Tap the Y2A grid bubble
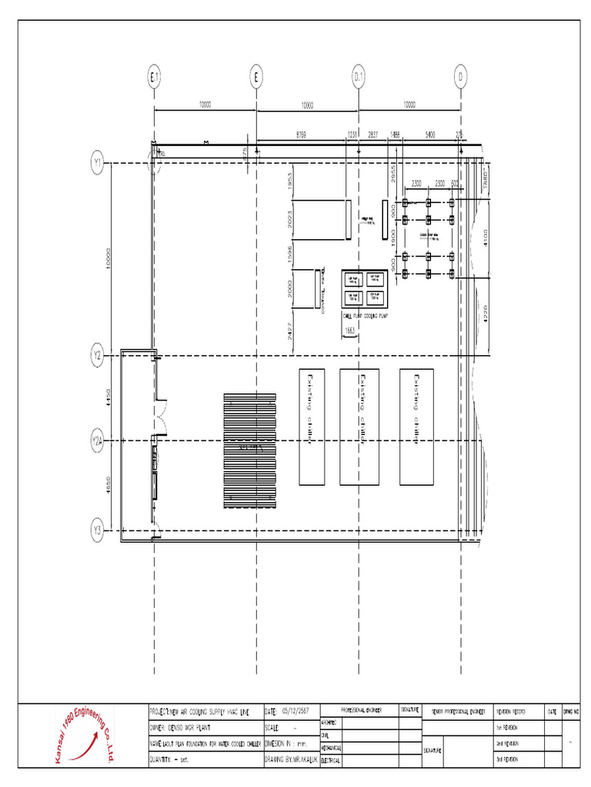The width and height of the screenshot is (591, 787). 98,441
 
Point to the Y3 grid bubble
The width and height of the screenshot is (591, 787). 98,530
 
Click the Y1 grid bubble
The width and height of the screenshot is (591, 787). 98,163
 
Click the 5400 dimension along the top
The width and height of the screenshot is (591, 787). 429,135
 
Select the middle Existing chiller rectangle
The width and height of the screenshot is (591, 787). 359,427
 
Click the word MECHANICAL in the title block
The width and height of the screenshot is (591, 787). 330,747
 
